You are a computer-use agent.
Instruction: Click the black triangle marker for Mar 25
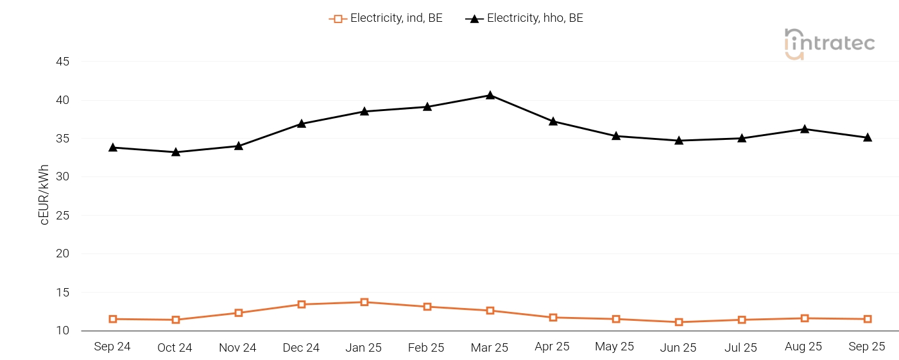[490, 95]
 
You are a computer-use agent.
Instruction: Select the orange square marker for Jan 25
[364, 302]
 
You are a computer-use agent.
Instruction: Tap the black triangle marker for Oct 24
[176, 152]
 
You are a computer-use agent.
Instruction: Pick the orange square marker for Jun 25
[679, 322]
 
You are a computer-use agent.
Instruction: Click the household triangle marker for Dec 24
[302, 123]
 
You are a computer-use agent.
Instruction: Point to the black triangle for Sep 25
[868, 137]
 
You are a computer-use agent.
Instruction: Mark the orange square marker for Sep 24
[113, 319]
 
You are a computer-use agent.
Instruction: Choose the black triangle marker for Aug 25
[805, 129]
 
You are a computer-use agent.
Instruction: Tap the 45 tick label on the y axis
[62, 62]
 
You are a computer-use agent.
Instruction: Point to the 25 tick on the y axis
[62, 216]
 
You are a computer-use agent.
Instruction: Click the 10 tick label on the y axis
[62, 330]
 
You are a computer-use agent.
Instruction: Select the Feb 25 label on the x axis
[426, 348]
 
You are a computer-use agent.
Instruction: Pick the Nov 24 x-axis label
[237, 348]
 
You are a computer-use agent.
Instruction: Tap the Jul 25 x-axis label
[741, 348]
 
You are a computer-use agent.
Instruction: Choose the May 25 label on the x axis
[615, 347]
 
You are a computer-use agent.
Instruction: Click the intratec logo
[829, 44]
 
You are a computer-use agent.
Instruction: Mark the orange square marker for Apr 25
[553, 318]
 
